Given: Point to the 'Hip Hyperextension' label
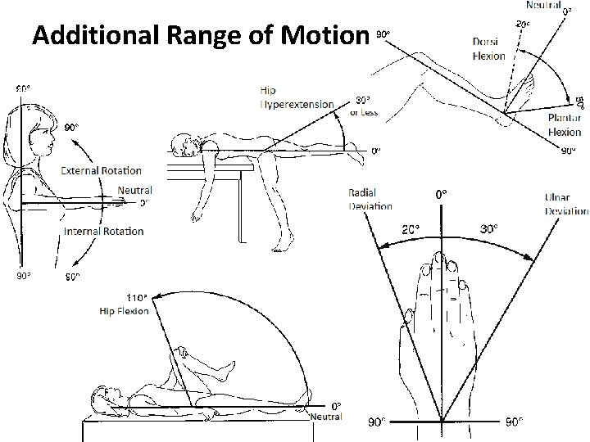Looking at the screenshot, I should coord(297,98).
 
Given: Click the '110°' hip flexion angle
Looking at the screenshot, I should coord(136,298).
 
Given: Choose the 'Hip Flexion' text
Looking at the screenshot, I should coord(125,311).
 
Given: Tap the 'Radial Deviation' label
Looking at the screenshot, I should coord(370,200).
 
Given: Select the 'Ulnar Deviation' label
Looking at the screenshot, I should coord(566,203).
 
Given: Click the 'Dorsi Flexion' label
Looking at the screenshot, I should coord(489,50).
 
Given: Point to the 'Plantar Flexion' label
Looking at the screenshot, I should coord(565,125).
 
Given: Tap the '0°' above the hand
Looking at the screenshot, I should coord(441,195).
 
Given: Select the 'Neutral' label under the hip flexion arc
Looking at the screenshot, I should coord(326,417).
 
